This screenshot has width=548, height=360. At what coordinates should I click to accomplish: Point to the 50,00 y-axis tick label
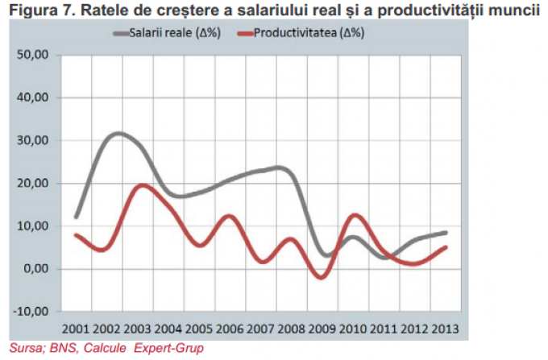pos(34,56)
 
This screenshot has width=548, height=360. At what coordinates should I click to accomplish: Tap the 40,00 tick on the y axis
pos(34,98)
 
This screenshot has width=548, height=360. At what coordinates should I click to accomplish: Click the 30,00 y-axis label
pos(34,141)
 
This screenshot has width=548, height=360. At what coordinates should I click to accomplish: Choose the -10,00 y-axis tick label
pos(32,312)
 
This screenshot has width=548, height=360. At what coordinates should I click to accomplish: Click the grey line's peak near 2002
pos(118,133)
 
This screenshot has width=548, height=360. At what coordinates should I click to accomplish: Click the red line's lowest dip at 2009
pos(322,277)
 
